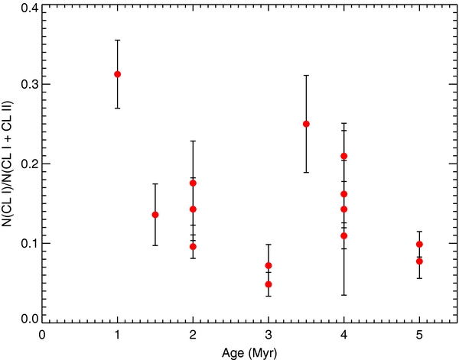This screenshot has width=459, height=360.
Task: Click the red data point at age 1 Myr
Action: pos(117,74)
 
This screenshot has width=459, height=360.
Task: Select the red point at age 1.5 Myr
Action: pos(155,215)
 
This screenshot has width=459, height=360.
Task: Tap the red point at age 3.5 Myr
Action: pos(306,124)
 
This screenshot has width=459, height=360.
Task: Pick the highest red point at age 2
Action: pos(193,183)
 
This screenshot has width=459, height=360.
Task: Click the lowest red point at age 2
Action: pos(193,246)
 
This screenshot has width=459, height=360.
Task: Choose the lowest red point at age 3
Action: pos(269,284)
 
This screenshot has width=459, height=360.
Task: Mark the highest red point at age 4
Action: pos(344,156)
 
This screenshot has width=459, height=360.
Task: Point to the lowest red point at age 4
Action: pos(344,235)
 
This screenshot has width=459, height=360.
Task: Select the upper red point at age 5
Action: pos(419,244)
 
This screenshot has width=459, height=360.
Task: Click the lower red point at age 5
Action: pos(419,261)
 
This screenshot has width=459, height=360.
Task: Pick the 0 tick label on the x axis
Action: pos(42,334)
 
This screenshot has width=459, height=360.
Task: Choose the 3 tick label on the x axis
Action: pos(269,334)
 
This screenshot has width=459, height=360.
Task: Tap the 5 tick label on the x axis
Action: pos(419,334)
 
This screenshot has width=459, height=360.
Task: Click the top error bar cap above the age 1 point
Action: pos(117,41)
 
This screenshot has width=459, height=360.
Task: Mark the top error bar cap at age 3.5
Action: pos(306,76)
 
